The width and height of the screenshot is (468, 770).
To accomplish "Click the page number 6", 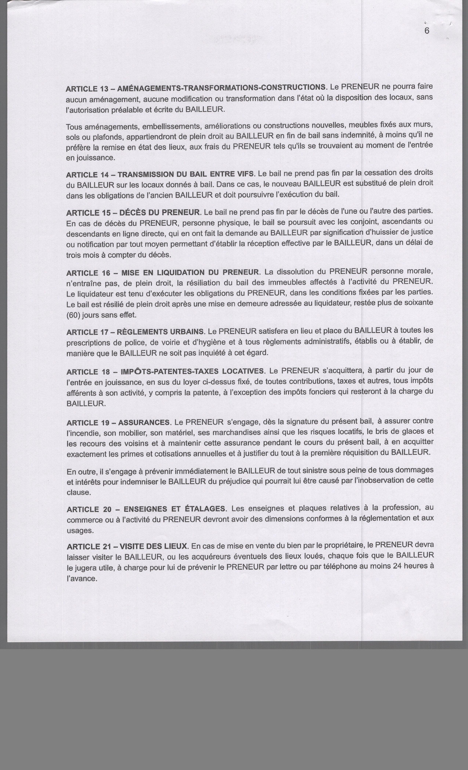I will [427, 31].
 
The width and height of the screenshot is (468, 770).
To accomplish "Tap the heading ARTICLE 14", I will [86, 175].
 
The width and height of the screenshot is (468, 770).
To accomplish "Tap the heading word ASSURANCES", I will [144, 423].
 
